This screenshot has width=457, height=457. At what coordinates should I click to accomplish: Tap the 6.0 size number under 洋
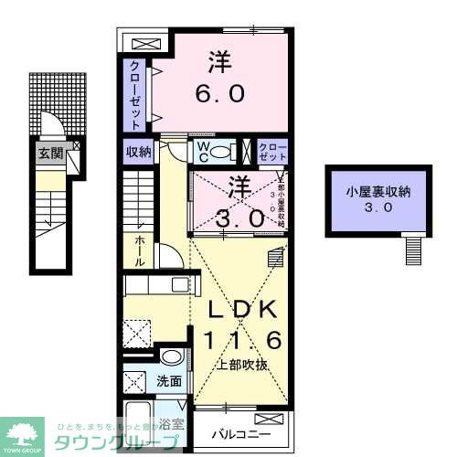219,94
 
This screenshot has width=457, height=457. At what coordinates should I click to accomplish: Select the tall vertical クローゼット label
134,94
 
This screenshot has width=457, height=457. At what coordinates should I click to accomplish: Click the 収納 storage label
137,152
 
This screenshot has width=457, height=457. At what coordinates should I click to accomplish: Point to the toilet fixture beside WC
220,153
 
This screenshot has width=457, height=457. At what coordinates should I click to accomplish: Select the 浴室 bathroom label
170,423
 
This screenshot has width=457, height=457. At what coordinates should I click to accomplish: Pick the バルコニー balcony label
237,433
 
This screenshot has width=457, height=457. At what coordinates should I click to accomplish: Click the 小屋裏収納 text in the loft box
377,192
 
